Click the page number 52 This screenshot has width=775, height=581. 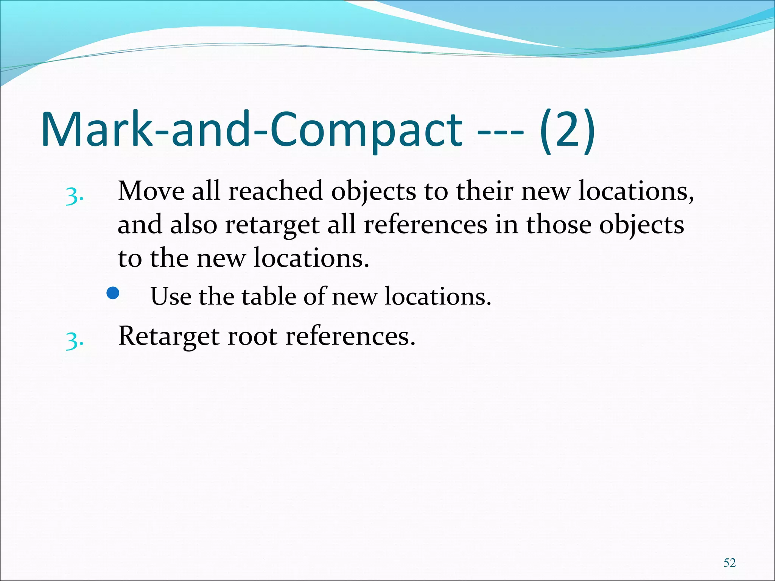coord(729,562)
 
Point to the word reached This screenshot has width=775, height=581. coord(275,191)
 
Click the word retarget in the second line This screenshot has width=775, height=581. coord(272,225)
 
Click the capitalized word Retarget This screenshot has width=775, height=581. coord(169,336)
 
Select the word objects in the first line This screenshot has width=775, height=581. coord(373,191)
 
